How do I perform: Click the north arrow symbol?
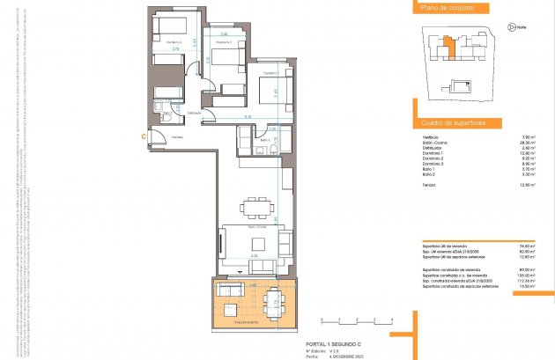tap(510, 27)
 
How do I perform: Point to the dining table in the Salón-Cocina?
tap(257, 208)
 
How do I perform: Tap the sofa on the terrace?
tap(232, 290)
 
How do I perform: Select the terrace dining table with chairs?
tap(273, 301)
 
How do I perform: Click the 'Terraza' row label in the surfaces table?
tap(431, 185)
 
